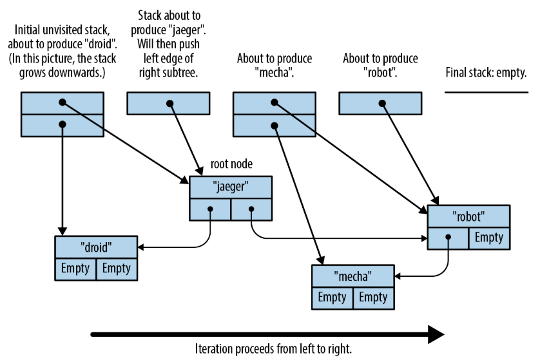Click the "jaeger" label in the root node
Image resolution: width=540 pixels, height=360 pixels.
(x=231, y=187)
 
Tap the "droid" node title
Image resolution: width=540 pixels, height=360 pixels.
(x=96, y=247)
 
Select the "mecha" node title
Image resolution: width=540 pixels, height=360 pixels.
(x=352, y=276)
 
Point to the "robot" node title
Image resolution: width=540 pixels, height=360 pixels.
(x=468, y=216)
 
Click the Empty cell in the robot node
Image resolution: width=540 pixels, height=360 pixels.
(x=489, y=238)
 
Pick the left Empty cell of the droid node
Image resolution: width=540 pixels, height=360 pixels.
(x=75, y=269)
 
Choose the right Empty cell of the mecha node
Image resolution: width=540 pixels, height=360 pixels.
(x=373, y=298)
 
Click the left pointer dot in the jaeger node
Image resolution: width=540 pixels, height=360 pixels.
(x=211, y=209)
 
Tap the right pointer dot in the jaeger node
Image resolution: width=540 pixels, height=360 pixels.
(x=251, y=209)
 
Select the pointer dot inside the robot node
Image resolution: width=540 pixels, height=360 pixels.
(x=448, y=237)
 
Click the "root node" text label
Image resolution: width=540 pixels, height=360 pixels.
(x=231, y=164)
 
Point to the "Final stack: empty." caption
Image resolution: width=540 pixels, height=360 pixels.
(x=486, y=73)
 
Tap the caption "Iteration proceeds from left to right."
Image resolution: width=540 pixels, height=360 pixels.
(x=273, y=348)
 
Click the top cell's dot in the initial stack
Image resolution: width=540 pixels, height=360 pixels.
(x=63, y=102)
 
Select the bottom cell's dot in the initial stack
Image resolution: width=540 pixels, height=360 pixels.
(x=63, y=124)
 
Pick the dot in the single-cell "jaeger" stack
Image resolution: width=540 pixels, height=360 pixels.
(x=169, y=103)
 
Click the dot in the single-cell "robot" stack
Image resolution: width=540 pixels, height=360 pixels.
(x=382, y=103)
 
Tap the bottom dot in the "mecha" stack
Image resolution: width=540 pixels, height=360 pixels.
(x=275, y=126)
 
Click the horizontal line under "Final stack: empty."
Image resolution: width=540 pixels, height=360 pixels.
(x=487, y=92)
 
